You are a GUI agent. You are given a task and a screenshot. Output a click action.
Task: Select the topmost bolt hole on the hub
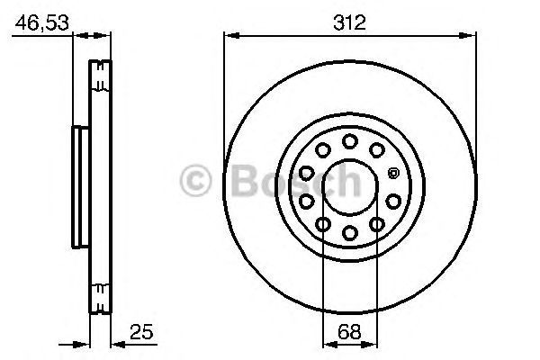349,140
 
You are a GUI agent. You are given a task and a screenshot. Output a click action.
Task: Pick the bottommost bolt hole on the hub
349,232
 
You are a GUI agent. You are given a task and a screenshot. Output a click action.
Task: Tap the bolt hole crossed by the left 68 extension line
323,223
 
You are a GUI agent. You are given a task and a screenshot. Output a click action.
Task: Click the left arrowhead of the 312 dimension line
230,36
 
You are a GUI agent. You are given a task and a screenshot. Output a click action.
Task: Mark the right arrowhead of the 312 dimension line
468,36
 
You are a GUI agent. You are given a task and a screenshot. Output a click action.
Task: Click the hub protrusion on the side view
78,186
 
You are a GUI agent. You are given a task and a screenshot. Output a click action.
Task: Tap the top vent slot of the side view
101,70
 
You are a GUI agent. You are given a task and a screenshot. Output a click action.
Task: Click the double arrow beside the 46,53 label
90,36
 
